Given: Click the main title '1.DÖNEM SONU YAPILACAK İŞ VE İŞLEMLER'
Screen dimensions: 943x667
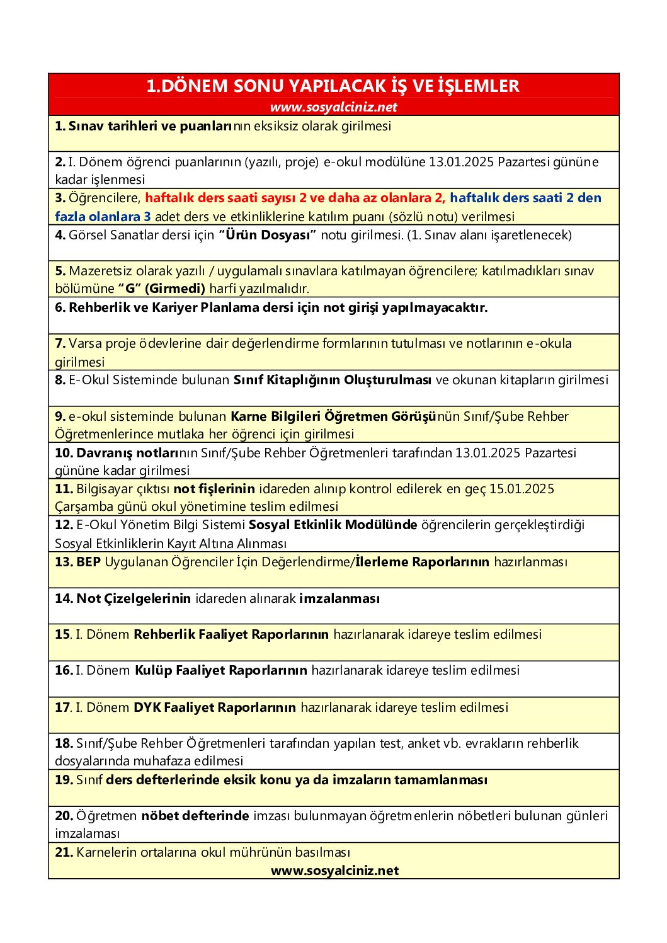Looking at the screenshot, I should [x=333, y=86].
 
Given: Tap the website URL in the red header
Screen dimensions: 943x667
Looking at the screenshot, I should [x=333, y=107].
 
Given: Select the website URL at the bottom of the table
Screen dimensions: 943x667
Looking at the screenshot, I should [x=334, y=871].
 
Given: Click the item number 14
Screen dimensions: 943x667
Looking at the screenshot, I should [x=64, y=598].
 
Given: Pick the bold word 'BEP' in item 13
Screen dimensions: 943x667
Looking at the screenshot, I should [x=88, y=562].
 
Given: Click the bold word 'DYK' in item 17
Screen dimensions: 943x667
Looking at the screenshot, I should [x=147, y=707].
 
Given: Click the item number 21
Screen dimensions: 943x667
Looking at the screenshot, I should [x=64, y=852].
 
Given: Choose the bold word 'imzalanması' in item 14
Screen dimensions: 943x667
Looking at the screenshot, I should [x=339, y=598].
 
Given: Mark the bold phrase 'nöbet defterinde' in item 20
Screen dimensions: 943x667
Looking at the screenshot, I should [x=195, y=816].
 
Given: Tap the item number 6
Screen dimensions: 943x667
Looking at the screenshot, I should [x=60, y=307].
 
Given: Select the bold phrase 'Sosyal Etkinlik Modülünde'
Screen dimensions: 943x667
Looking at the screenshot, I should [x=333, y=525].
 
